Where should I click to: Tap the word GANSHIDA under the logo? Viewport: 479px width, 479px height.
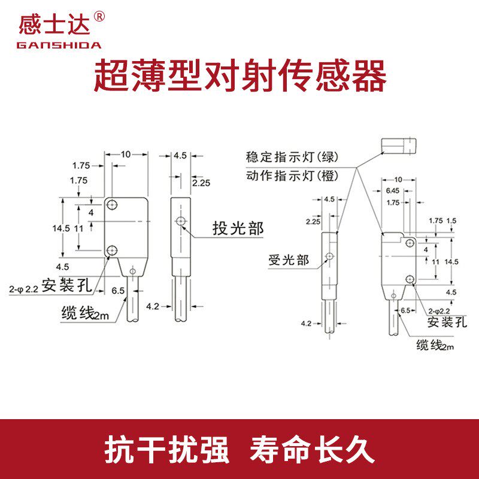(59, 45)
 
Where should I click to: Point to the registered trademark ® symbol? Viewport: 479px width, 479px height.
(99, 17)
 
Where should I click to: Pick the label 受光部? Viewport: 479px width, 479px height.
(289, 260)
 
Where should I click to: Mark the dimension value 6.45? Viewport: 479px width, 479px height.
(393, 190)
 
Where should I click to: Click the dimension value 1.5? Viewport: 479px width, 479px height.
(451, 221)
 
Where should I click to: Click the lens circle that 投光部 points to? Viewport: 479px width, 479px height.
(181, 222)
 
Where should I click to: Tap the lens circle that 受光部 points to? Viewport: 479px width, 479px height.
(329, 256)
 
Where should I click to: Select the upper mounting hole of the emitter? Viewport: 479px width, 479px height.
(112, 205)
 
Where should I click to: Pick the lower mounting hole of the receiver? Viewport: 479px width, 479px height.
(410, 278)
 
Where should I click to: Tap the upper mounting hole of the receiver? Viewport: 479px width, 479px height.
(410, 242)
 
